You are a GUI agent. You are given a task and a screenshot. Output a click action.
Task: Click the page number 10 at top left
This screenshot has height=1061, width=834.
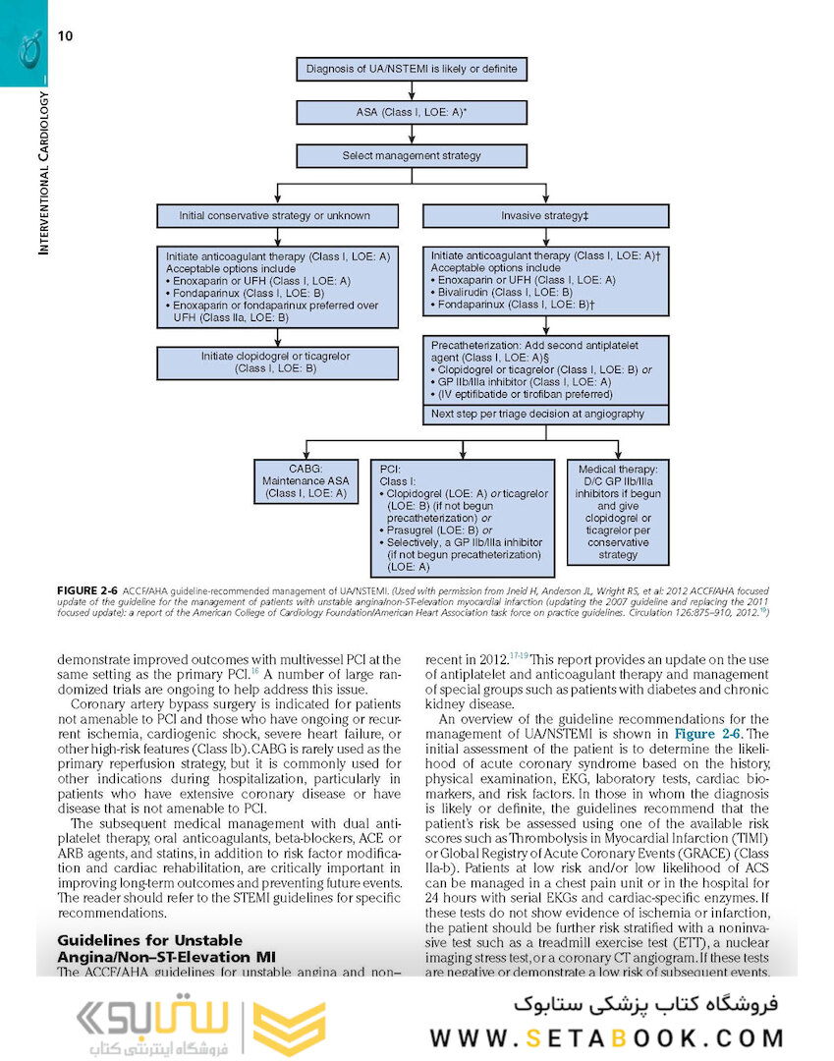[x=65, y=36]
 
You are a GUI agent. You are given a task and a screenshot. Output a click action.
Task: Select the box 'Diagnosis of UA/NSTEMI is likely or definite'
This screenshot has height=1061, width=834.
[x=412, y=70]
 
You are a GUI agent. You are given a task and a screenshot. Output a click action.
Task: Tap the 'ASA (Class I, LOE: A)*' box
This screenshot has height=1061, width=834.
[x=412, y=113]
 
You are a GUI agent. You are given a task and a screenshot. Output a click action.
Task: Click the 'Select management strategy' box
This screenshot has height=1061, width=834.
[x=412, y=155]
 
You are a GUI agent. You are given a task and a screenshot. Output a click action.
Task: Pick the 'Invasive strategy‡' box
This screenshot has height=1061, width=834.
[x=544, y=216]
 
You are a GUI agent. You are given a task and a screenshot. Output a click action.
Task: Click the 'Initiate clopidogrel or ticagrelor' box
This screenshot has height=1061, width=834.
[x=276, y=363]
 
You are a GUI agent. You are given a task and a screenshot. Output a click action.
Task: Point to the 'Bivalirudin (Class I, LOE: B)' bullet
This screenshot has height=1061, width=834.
[x=505, y=293]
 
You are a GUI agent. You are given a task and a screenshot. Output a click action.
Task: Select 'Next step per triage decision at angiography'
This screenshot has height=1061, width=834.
[x=537, y=414]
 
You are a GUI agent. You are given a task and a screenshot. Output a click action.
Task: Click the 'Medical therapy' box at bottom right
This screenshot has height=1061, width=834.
[x=618, y=512]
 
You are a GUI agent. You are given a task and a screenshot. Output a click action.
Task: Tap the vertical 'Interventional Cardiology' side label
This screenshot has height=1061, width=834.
[x=42, y=173]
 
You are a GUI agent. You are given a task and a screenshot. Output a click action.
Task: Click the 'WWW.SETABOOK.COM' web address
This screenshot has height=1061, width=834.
[x=606, y=1038]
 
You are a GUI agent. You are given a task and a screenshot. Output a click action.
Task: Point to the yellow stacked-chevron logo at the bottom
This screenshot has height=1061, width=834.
[x=289, y=1028]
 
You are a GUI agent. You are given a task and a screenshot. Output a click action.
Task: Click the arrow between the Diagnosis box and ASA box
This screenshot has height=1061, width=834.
[x=412, y=91]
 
